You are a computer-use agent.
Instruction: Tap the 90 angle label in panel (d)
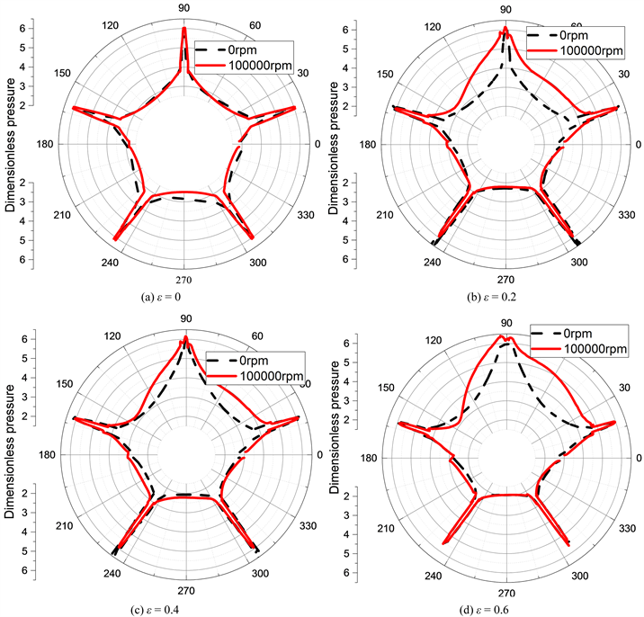tap(506, 322)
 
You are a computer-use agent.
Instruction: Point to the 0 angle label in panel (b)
tap(638, 145)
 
